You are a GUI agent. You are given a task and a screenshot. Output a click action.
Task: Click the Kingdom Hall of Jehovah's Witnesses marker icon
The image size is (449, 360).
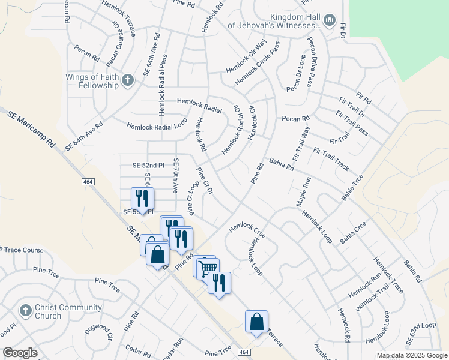[328, 22]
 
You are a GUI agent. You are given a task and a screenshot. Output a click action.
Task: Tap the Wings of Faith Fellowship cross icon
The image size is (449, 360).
[127, 80]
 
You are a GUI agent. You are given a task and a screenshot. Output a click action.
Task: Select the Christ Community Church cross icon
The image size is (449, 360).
[25, 311]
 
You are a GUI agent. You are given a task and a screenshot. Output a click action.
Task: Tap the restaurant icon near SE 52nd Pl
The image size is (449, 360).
[142, 198]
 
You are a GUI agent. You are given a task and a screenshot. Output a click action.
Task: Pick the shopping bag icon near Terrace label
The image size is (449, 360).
[256, 321]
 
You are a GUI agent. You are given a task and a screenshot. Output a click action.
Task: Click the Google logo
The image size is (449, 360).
[20, 353]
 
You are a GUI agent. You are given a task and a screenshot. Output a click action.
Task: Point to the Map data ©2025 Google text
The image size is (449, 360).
[411, 356]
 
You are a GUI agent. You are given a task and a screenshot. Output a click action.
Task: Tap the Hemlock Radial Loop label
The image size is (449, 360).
[157, 126]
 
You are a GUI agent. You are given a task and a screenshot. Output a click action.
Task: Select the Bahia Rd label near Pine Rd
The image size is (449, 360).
[282, 164]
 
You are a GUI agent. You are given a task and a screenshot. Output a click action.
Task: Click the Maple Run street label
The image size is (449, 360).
[301, 191]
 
